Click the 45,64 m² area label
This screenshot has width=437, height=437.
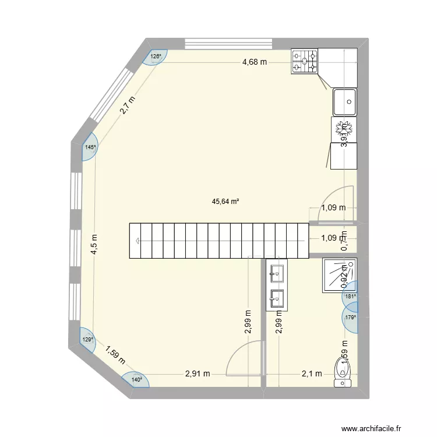click(226, 202)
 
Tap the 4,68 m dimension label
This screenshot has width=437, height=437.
click(255, 62)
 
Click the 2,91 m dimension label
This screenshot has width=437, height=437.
click(198, 374)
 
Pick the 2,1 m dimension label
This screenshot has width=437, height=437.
click(311, 374)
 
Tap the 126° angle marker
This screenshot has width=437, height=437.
click(156, 57)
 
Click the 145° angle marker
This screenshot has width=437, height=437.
click(90, 147)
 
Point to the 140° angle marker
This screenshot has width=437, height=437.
click(136, 380)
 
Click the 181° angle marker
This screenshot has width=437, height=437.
click(350, 297)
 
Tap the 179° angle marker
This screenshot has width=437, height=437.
click(350, 318)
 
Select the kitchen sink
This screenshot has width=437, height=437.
click(345, 102)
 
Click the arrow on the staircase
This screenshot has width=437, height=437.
click(138, 240)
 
